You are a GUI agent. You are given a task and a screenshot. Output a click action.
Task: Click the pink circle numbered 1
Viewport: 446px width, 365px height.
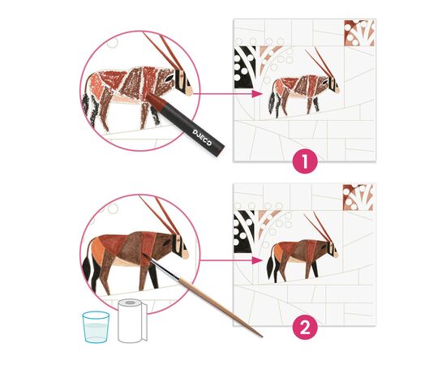click(305, 161)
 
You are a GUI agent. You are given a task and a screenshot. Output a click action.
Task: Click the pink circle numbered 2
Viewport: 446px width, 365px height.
click(305, 328)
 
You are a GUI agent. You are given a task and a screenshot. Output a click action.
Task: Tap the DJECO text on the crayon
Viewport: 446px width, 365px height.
click(202, 137)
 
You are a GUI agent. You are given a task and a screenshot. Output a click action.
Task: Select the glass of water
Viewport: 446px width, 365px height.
click(96, 327)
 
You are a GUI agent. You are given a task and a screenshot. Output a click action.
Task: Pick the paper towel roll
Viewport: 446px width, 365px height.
click(132, 320)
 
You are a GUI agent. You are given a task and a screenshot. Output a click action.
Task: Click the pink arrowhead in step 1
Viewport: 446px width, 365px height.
click(257, 94)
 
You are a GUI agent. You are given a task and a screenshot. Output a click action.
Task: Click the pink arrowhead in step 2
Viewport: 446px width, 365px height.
click(257, 260)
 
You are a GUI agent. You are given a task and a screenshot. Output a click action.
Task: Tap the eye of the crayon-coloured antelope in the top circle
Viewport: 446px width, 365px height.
click(170, 78)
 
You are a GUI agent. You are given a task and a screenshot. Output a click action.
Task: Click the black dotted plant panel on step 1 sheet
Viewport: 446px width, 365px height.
click(244, 67)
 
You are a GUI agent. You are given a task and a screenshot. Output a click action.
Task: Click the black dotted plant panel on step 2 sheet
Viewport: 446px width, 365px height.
click(244, 232)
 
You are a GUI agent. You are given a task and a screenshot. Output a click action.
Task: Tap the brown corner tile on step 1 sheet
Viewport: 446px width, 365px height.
click(359, 32)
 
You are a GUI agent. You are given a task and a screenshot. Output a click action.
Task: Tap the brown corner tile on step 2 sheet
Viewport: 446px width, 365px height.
click(358, 197)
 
